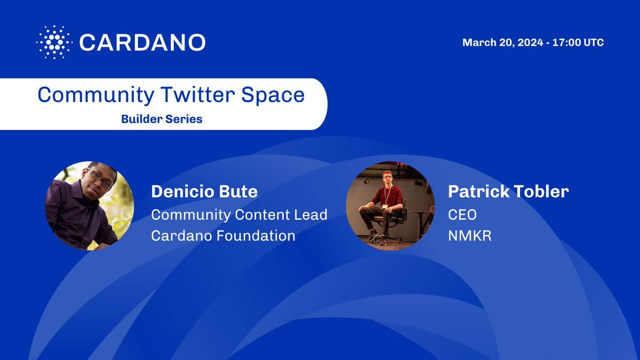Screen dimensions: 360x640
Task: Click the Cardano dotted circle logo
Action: click(54, 42)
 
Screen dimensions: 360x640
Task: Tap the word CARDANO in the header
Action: click(142, 42)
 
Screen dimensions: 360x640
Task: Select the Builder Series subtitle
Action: click(162, 119)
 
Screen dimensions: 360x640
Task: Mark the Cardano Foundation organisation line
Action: click(223, 235)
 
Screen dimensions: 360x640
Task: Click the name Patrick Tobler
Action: click(508, 192)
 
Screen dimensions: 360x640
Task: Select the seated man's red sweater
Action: click(388, 196)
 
